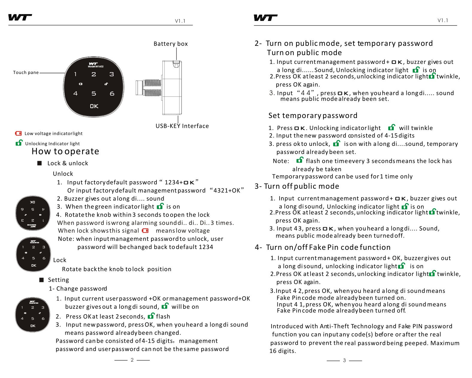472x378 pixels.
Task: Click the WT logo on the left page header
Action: point(20,17)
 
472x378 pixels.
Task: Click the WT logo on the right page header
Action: point(265,18)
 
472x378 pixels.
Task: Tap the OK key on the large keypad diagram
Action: point(94,106)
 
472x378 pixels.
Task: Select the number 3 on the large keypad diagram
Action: point(111,74)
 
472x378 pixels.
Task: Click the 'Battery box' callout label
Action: point(171,44)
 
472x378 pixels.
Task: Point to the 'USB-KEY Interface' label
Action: point(182,126)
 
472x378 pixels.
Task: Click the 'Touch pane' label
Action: point(26,72)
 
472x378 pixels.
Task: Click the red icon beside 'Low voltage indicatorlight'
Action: point(18,133)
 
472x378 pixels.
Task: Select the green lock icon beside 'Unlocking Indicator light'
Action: point(19,143)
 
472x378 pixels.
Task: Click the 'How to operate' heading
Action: point(65,151)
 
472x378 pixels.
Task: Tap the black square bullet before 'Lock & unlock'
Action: point(40,163)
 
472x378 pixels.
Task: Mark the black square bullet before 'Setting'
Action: point(41,280)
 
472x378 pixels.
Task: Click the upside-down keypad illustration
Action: point(33,213)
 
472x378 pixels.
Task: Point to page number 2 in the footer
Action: point(132,360)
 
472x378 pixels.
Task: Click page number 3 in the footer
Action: point(344,360)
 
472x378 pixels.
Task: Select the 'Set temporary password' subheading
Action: point(313,116)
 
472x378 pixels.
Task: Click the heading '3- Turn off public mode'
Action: point(297,186)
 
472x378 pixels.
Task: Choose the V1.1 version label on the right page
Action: point(443,20)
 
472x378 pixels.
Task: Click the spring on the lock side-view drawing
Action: point(153,87)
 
